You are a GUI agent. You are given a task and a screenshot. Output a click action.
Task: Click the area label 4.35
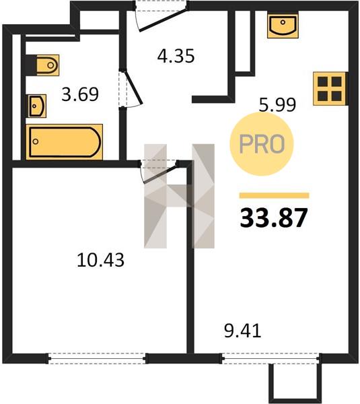[x=176, y=56]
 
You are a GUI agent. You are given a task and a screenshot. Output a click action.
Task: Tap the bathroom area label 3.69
[x=80, y=94]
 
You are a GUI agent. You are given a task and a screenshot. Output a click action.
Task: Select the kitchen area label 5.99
[x=277, y=104]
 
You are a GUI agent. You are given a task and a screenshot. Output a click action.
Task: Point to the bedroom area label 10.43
[x=100, y=260]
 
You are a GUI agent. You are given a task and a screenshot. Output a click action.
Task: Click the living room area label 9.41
[x=242, y=331]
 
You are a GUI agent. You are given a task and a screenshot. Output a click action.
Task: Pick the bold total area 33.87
[x=274, y=217]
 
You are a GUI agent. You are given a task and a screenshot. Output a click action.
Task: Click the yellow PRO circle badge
[x=262, y=144]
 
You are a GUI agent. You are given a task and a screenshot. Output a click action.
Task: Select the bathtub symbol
[x=65, y=142]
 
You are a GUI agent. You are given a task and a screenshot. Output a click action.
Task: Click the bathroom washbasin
[x=37, y=106]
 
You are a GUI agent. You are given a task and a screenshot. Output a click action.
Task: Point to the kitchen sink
[x=283, y=26]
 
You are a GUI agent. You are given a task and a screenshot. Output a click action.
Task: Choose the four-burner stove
[x=330, y=89]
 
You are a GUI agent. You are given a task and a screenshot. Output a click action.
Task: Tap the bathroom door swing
[x=131, y=88]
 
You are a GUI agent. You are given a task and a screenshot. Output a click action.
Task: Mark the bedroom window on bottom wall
[x=97, y=358]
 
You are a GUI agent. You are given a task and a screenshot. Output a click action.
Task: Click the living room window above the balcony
[x=271, y=358]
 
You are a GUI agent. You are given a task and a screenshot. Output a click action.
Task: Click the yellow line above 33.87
[x=275, y=195]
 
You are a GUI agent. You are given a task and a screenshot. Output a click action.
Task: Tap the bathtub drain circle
[x=36, y=141]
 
